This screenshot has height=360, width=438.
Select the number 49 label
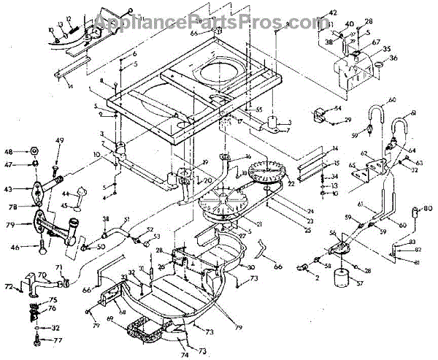click(x=60, y=141)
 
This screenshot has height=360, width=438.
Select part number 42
click(x=332, y=13)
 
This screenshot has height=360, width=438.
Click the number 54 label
click(x=337, y=107)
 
